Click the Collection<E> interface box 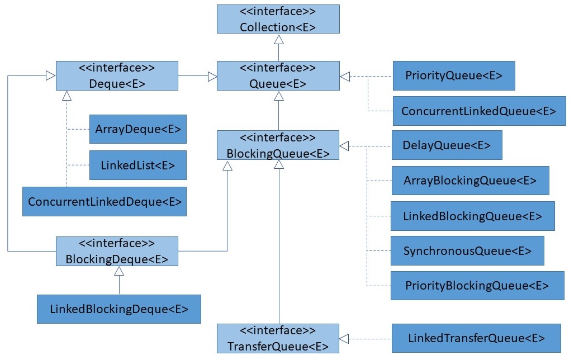278,20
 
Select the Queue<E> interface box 278,75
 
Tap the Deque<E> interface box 117,75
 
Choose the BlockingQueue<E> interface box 278,145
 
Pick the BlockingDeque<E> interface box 117,251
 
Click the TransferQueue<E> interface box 278,338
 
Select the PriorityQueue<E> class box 453,75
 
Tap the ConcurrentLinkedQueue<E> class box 478,111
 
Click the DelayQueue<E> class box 447,145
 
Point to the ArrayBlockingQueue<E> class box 470,181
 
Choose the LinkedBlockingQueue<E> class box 472,216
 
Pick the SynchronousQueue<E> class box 467,250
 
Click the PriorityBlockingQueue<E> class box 477,286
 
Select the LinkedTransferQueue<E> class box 476,338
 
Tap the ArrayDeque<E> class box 137,129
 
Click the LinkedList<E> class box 137,165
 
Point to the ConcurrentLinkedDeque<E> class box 104,201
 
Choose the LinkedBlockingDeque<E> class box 118,309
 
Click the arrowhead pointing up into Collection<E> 278,39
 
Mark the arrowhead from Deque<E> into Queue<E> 212,76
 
